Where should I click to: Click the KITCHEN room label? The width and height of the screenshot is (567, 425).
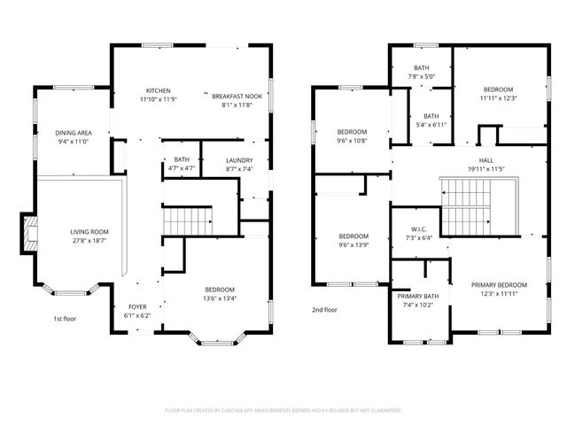[159, 90]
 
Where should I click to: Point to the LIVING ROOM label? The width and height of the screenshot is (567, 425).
[89, 232]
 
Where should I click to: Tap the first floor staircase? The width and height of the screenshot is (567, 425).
[185, 220]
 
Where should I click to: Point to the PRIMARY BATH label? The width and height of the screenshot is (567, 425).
[417, 297]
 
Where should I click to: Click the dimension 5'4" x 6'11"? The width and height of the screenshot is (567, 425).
[431, 127]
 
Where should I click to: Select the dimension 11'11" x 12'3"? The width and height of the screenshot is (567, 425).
[498, 98]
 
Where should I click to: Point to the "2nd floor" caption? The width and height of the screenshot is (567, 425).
[325, 310]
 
